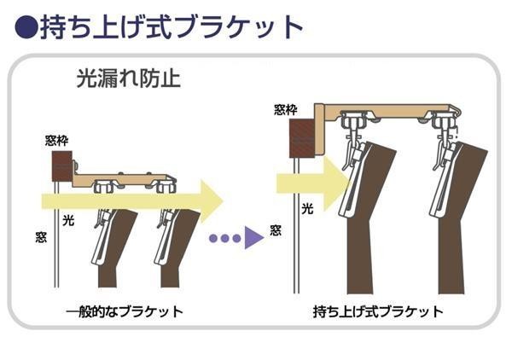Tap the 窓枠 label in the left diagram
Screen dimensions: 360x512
tap(56, 140)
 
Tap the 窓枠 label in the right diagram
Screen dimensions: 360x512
tap(286, 108)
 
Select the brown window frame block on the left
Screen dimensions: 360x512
tap(62, 164)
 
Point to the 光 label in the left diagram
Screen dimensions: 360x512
tap(68, 220)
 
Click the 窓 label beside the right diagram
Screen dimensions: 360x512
tap(276, 230)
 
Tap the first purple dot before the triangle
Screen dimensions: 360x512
tap(214, 238)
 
